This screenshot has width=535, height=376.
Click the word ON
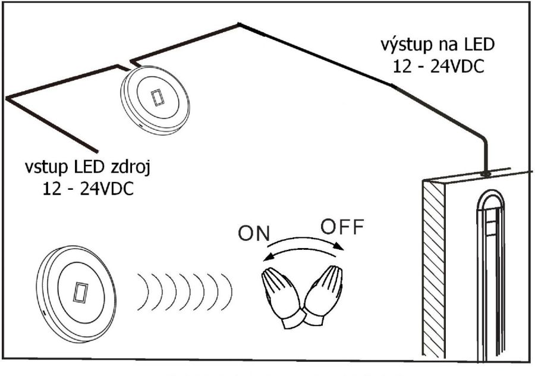click(254, 234)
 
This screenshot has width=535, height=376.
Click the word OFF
click(342, 227)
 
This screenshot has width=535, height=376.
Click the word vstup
click(46, 168)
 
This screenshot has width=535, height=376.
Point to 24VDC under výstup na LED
click(457, 66)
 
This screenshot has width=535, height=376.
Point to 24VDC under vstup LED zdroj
click(107, 189)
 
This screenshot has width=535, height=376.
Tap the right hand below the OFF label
click(323, 294)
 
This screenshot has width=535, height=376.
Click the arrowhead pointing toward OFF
click(338, 246)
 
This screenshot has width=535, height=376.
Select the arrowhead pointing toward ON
click(269, 257)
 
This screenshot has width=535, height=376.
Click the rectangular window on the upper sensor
click(158, 98)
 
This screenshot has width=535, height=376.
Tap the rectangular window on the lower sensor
click(80, 292)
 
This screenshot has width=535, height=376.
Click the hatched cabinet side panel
click(434, 268)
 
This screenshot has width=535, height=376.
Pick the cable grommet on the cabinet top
click(486, 174)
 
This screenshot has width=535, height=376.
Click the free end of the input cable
click(96, 151)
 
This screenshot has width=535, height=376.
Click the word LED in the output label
click(479, 45)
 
